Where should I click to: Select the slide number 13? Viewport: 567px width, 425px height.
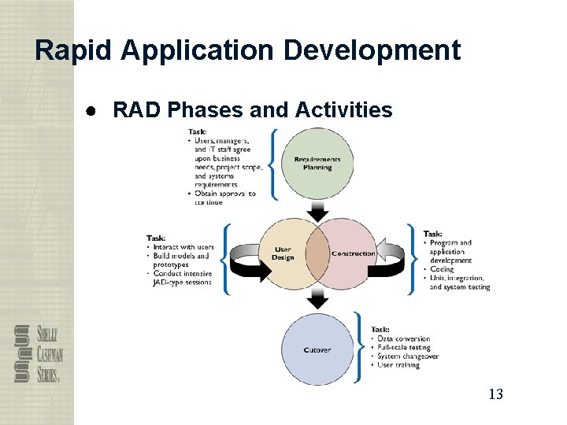coord(495,394)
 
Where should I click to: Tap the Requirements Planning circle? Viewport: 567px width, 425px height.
coord(317,163)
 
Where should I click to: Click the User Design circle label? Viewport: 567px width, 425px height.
coord(283,253)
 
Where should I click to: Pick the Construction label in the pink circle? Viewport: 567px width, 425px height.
coord(354,253)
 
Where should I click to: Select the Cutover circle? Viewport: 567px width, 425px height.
coord(317,349)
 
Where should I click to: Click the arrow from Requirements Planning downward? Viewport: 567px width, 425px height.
coord(318,211)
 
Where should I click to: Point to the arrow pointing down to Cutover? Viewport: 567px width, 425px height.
coord(318,298)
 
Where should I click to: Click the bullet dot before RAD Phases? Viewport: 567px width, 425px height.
coord(92,110)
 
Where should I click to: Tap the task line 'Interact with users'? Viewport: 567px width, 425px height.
coord(183,247)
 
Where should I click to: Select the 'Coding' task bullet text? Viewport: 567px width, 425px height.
coord(442,269)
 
